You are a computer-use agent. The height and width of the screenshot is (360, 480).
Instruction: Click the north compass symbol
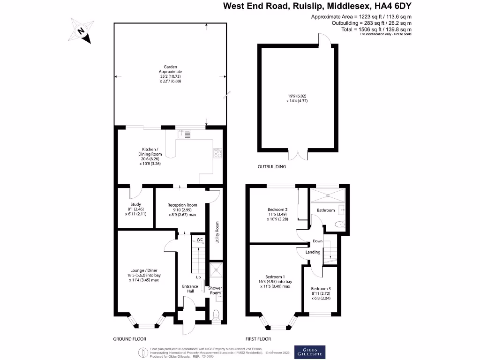click(x=81, y=31)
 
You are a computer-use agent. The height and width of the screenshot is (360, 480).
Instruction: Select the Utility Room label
click(x=217, y=232)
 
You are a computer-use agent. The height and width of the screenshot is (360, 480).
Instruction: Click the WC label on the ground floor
click(x=199, y=240)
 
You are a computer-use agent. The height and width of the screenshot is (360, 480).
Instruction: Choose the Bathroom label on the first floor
click(x=326, y=210)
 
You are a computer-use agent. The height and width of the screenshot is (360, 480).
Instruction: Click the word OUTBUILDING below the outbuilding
click(x=271, y=166)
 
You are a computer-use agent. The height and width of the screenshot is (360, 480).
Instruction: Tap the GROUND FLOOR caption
click(x=130, y=338)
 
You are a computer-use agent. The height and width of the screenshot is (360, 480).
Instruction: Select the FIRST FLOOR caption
click(x=258, y=338)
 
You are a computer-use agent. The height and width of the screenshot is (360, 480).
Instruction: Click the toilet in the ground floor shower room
click(x=216, y=315)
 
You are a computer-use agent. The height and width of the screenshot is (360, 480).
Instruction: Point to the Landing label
click(x=313, y=252)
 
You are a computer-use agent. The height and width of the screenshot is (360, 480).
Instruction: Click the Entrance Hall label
click(x=187, y=288)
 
